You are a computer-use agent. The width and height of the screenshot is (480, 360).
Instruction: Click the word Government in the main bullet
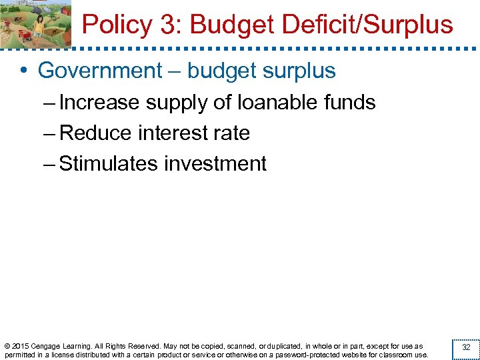tap(100, 71)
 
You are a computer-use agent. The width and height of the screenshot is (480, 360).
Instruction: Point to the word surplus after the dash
tap(295, 71)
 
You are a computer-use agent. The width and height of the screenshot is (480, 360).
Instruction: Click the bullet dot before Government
tap(23, 71)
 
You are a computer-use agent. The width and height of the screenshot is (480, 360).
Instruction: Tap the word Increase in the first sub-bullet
tap(99, 103)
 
